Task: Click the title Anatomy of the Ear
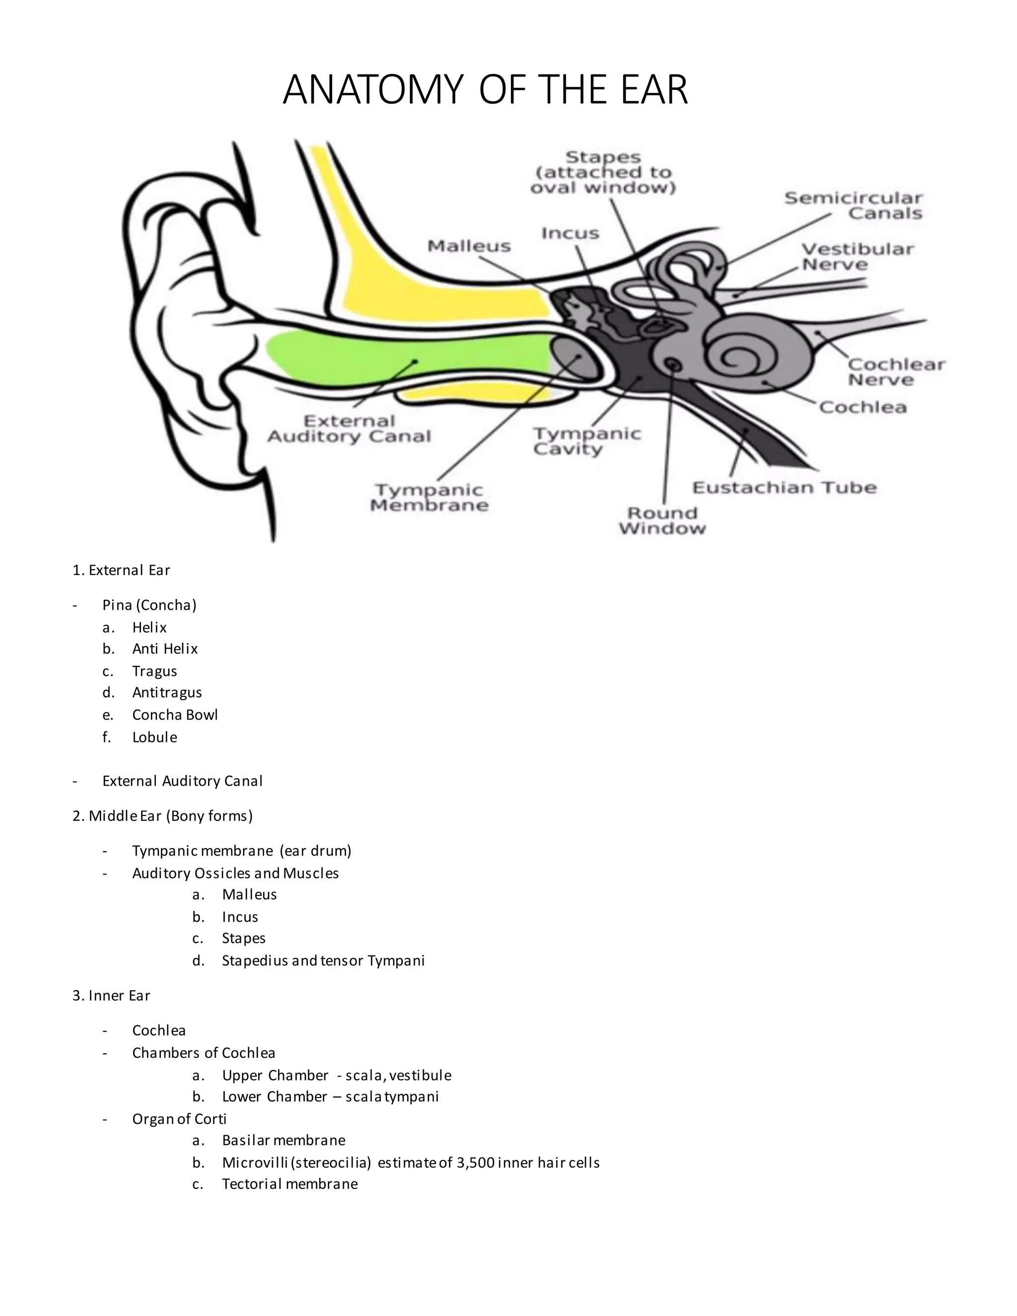[485, 90]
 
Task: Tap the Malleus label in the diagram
[469, 246]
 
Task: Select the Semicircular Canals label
[853, 206]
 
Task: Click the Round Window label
[661, 520]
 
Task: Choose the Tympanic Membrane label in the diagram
[429, 498]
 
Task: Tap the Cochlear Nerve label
[896, 372]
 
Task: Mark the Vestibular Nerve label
[857, 257]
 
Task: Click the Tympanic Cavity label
[586, 441]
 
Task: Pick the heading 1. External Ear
[121, 570]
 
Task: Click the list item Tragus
[154, 670]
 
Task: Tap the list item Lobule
[154, 737]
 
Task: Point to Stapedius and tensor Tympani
[323, 960]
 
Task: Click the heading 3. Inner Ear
[111, 995]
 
